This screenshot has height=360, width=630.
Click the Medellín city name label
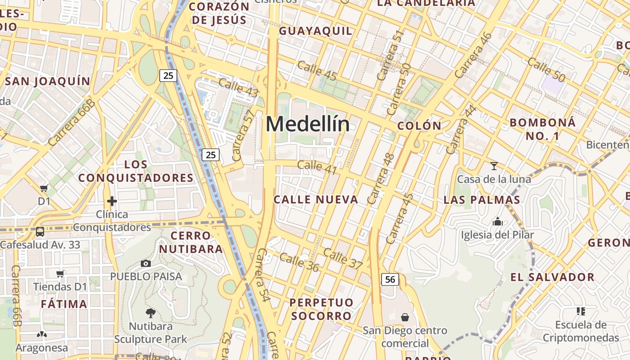307,124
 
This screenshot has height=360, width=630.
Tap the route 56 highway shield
390,279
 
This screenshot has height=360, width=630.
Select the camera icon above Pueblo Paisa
146,263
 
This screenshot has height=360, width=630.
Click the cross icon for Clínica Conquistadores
112,201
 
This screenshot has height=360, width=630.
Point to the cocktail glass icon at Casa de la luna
494,166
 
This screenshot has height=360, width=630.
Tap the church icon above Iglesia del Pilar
497,221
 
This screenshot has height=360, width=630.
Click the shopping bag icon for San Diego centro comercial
405,317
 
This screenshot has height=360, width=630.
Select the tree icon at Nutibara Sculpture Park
151,313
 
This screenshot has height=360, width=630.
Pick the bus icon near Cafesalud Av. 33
40,232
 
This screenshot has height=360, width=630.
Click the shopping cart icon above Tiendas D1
60,274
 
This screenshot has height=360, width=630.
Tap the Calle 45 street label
317,71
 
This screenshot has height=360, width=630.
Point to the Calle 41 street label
317,166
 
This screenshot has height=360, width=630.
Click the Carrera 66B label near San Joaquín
72,122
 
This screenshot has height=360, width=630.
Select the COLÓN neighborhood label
419,126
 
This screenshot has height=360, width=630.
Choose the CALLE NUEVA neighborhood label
316,199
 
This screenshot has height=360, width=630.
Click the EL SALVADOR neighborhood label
552,277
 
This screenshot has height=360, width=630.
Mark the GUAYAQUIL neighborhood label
315,31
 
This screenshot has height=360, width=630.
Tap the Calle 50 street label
546,70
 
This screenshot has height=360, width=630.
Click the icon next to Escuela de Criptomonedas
580,311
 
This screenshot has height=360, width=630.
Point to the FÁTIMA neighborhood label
64,304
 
